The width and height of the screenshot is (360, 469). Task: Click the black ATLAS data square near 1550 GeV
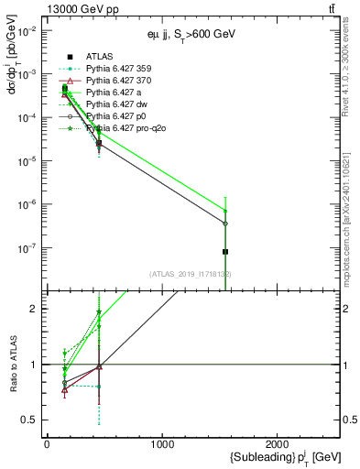225,251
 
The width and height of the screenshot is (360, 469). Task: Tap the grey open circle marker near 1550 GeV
225,224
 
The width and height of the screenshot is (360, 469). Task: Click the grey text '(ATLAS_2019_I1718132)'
191,274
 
